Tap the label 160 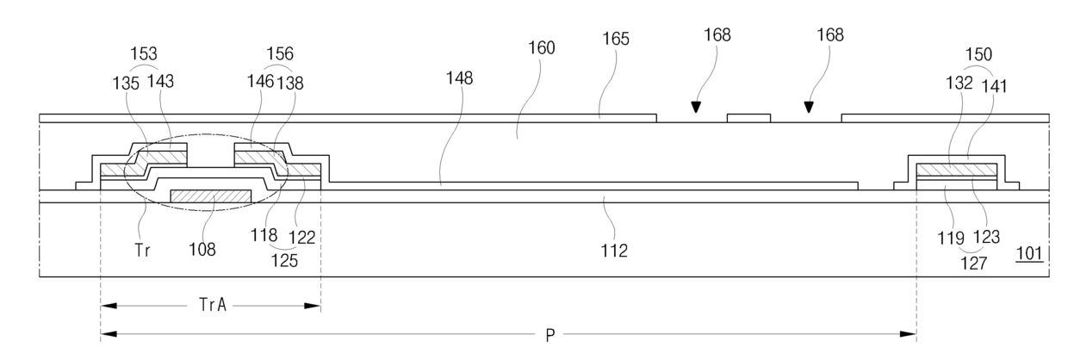pyautogui.click(x=542, y=48)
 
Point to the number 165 pyautogui.click(x=616, y=39)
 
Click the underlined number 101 pyautogui.click(x=1030, y=253)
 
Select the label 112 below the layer pyautogui.click(x=615, y=251)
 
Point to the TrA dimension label pyautogui.click(x=210, y=304)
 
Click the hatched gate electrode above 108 pyautogui.click(x=211, y=197)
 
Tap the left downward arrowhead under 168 pyautogui.click(x=695, y=109)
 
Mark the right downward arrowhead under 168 pyautogui.click(x=808, y=109)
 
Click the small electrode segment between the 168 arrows pyautogui.click(x=748, y=118)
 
